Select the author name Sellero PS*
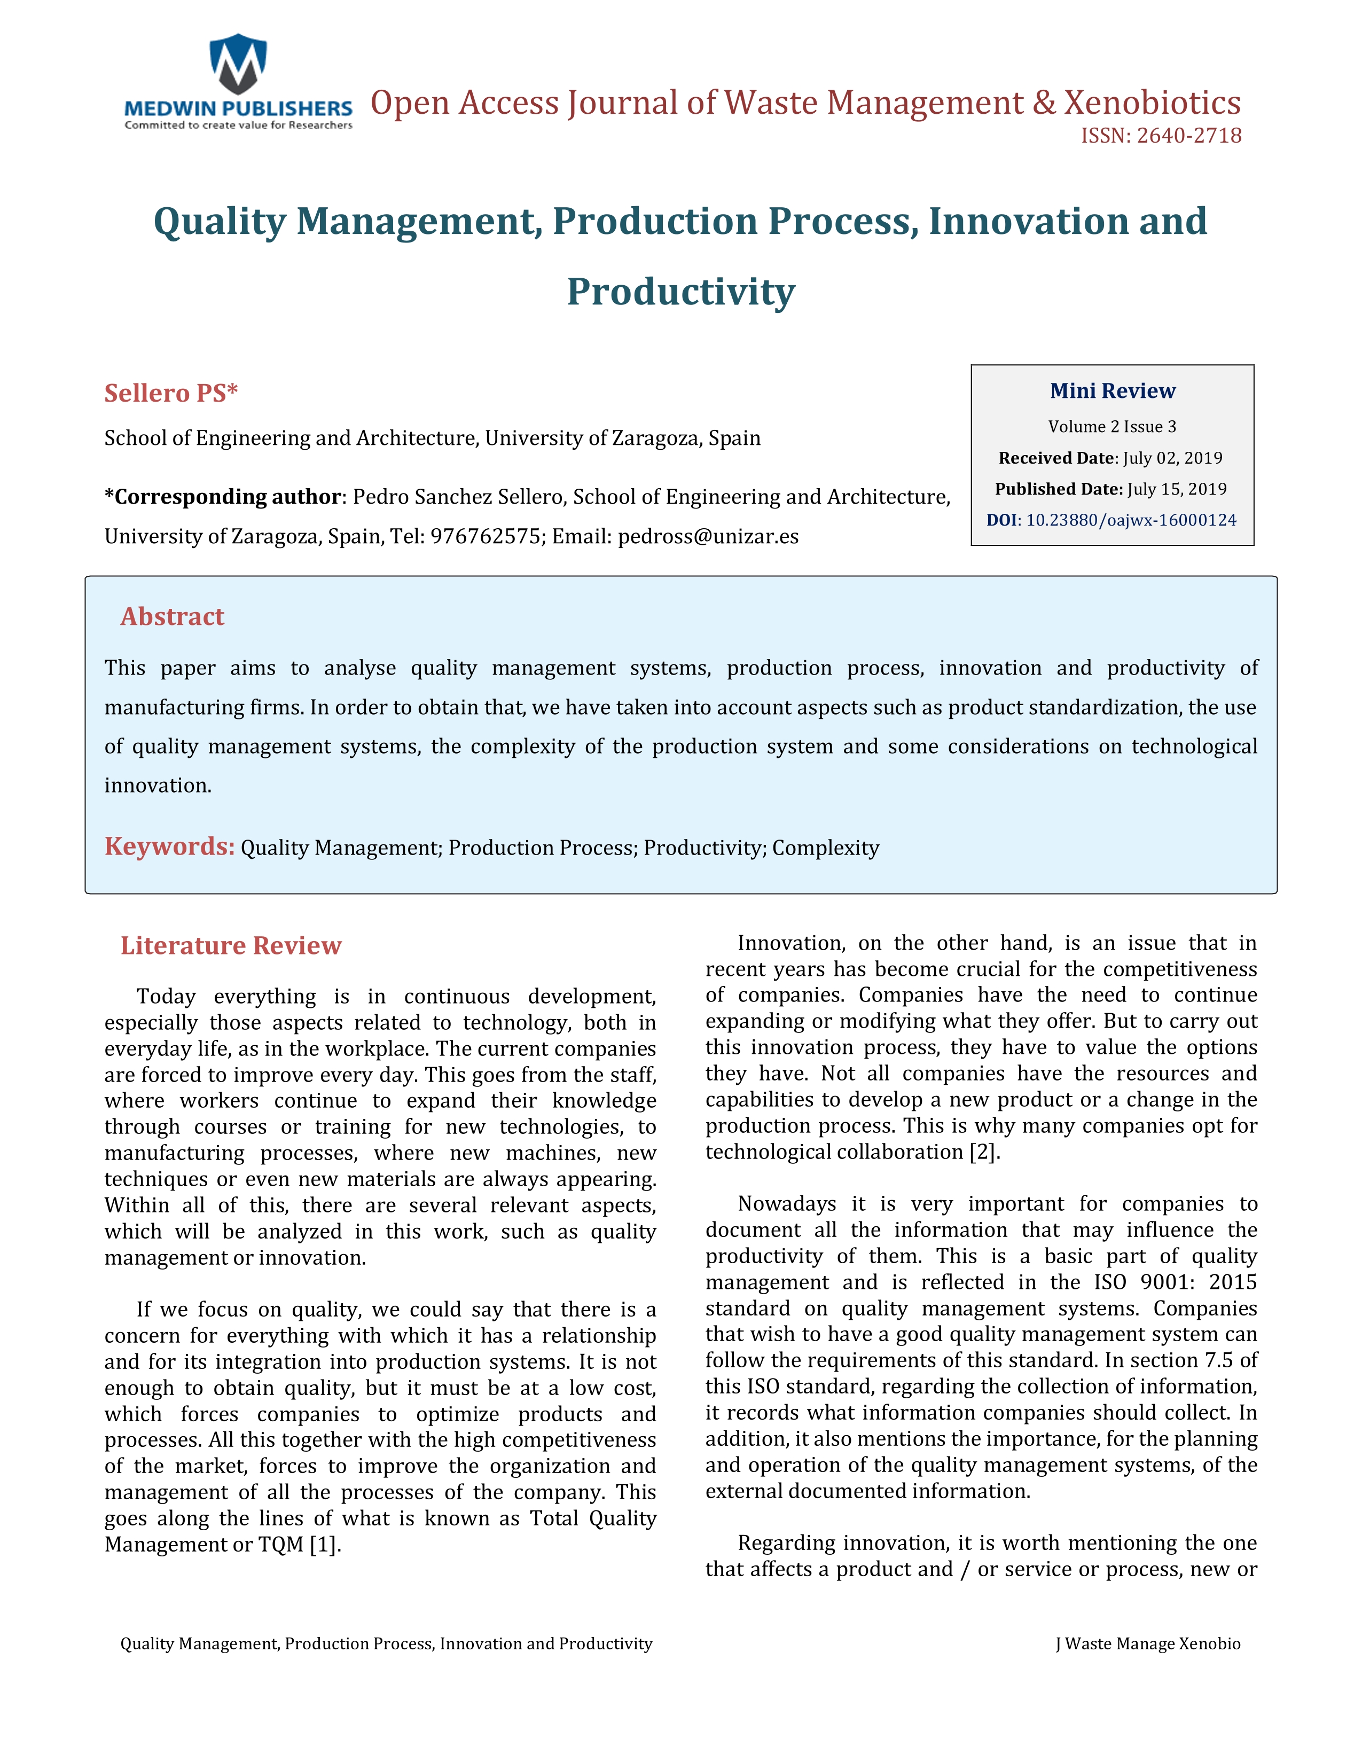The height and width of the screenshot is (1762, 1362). coord(171,393)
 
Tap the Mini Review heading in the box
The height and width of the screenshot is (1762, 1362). coord(1112,391)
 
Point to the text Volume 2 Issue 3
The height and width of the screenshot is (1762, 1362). coord(1112,427)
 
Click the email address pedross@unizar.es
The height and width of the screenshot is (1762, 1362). coord(708,537)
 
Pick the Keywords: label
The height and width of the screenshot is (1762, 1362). coord(169,847)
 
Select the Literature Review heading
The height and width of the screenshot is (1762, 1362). coord(231,945)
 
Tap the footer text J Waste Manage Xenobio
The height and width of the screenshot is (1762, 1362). coord(1147,1644)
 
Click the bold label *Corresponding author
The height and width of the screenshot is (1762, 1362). coord(223,497)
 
